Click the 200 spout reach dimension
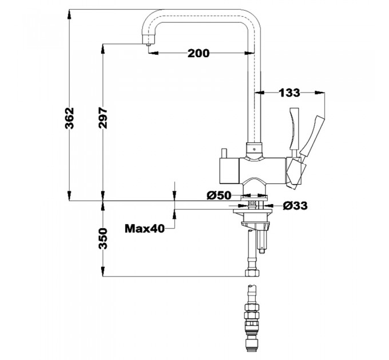point(199,53)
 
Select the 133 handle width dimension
point(289,93)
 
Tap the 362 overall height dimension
point(69,118)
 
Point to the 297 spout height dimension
point(103,118)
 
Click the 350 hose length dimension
point(103,239)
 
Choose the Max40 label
point(144,229)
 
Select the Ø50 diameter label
point(219,195)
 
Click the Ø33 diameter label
point(295,205)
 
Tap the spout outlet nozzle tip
point(148,45)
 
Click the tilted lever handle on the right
point(313,136)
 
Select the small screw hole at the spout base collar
point(253,149)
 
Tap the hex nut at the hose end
point(252,273)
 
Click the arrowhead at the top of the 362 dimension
point(70,14)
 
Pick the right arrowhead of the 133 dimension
point(320,93)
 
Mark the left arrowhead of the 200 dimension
point(153,53)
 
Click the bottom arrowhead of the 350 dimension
point(103,271)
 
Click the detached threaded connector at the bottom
point(252,318)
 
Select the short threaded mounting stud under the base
point(262,241)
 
